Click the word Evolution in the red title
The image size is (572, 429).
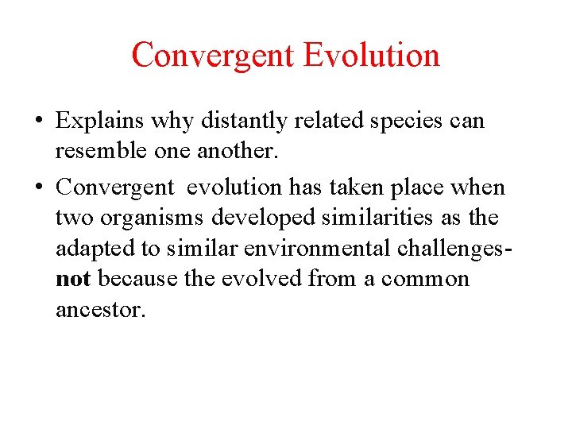click(x=371, y=56)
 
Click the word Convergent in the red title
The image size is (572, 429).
click(x=212, y=56)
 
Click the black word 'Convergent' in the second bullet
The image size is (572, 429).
click(x=114, y=188)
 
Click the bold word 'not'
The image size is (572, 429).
click(x=72, y=279)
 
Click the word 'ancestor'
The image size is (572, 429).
click(x=101, y=310)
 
